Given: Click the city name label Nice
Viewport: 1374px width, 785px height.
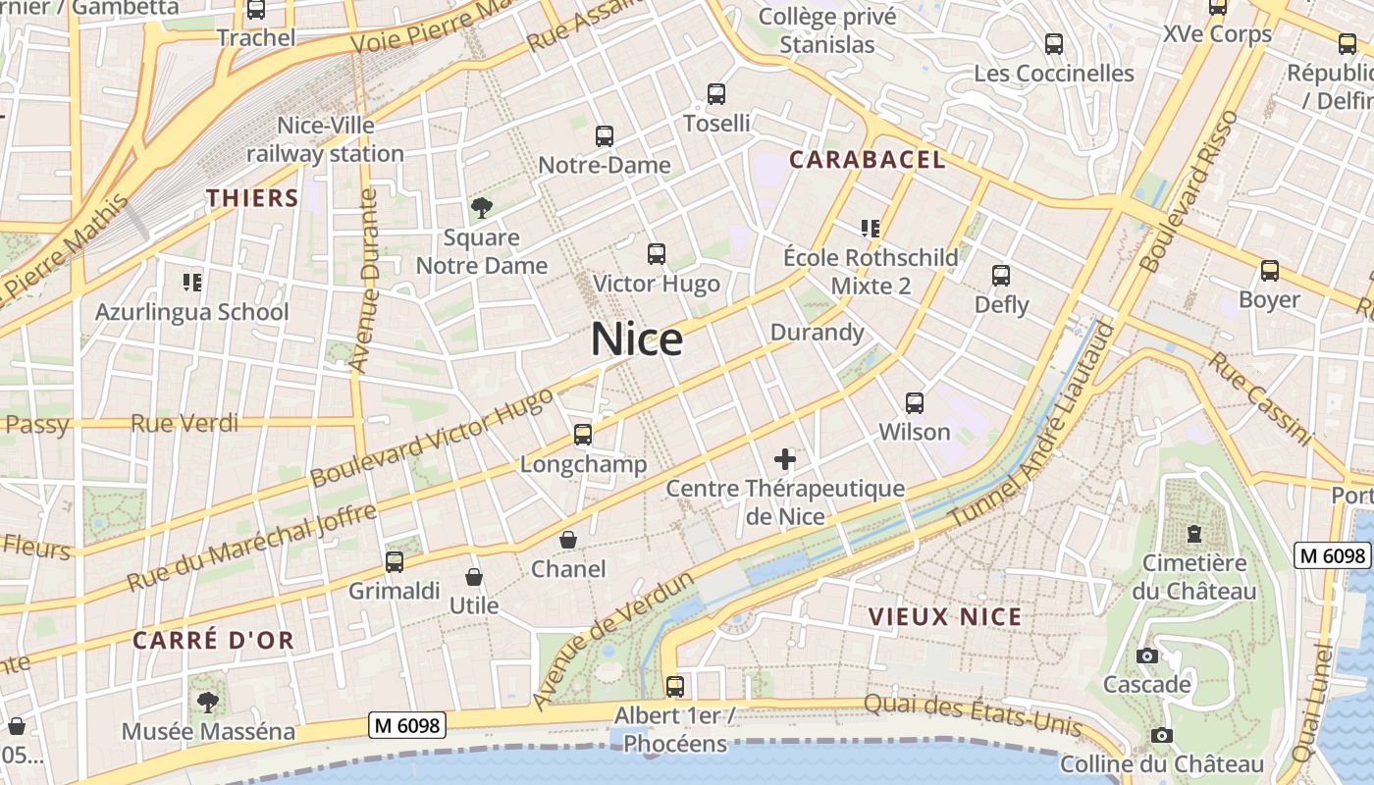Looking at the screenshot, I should pos(637,340).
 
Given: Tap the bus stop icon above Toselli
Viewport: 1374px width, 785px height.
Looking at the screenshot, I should pos(716,94).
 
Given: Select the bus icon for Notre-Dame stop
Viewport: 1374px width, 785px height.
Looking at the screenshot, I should pos(605,136).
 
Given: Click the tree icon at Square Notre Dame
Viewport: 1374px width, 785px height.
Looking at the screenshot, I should pos(481,207).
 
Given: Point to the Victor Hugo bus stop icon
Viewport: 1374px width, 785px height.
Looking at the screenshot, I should pos(657,254).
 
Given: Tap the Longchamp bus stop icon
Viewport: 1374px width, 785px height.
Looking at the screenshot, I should pos(583,434).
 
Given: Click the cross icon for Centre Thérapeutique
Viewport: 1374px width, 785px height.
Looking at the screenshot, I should pos(785,458).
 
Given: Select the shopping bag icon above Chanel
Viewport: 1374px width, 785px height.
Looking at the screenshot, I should pos(568,540).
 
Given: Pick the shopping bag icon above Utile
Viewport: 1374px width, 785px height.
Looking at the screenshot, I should pos(474,577).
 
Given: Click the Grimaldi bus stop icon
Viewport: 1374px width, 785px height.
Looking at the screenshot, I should pos(395,562).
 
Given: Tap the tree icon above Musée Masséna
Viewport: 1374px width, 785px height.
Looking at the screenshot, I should pos(207,702).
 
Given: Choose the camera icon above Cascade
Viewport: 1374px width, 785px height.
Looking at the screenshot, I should pos(1146,655).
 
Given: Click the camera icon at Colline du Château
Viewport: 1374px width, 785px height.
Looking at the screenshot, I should pos(1162,735).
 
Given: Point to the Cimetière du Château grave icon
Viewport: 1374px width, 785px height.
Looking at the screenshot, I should pos(1193,534).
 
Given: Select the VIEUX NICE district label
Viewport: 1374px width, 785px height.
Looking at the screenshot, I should pos(945,617).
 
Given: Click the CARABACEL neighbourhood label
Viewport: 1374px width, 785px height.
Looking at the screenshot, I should pos(868,160).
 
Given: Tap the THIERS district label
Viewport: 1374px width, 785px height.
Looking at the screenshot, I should pos(252,198).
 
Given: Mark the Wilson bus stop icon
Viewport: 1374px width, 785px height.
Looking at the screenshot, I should pos(915,402).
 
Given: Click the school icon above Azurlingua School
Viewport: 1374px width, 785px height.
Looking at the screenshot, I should pos(192,283).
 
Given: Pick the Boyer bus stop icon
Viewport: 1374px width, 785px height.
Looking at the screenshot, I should pos(1270,271).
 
